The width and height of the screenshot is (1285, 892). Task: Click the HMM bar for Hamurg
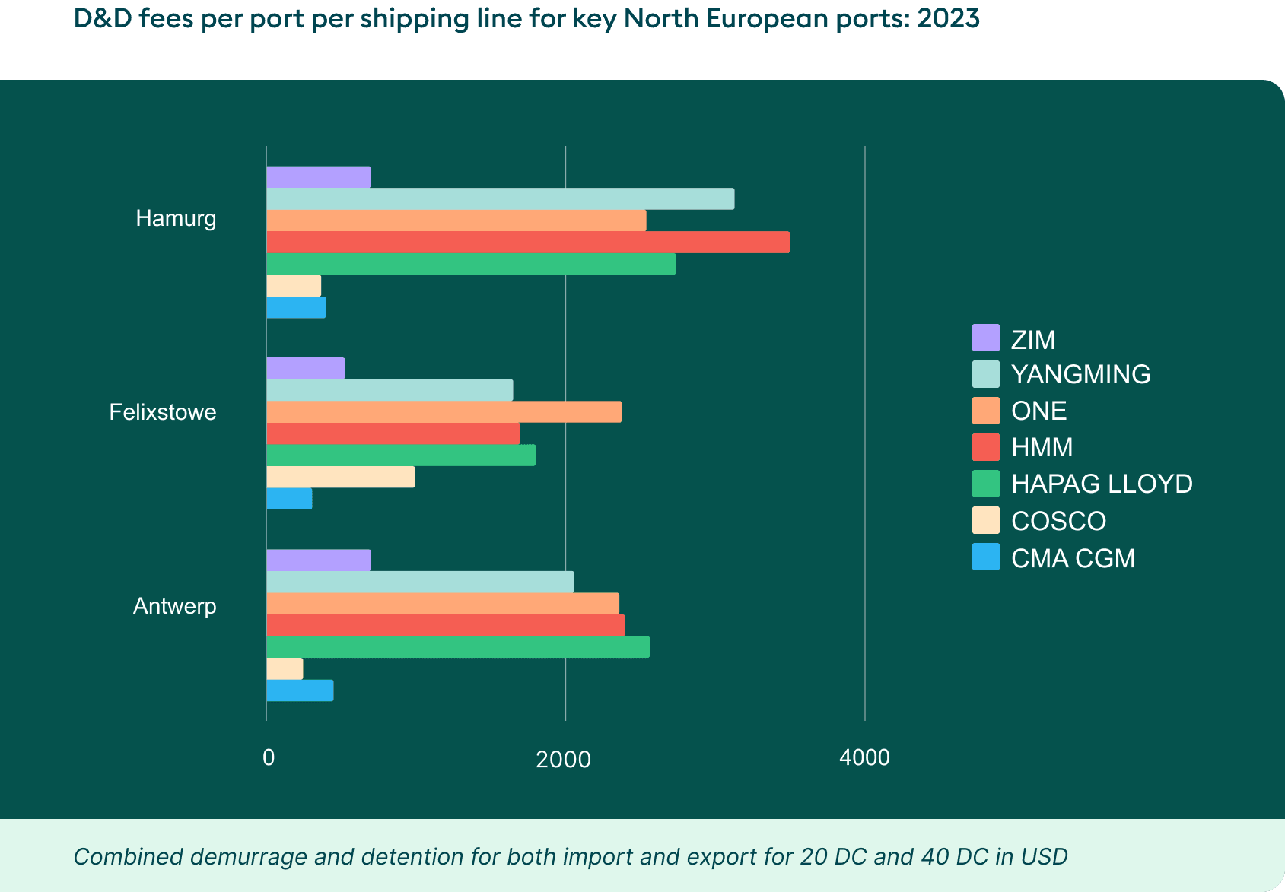pos(528,243)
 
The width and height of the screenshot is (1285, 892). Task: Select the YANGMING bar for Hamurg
pos(500,198)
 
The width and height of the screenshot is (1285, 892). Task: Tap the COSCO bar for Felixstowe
pos(340,477)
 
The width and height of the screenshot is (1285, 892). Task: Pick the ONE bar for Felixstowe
pos(444,411)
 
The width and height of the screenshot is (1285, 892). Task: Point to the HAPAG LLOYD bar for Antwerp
pos(458,647)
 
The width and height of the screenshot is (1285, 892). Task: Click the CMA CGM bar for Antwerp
pos(300,690)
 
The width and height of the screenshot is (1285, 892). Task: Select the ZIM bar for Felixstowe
pos(305,368)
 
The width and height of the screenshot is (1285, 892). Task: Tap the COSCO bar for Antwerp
pos(285,669)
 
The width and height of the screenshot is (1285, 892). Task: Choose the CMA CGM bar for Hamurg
pos(296,307)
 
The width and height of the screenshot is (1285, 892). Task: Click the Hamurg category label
pos(176,219)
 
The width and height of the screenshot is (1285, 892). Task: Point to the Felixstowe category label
pos(163,412)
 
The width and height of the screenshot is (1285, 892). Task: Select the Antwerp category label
pos(175,606)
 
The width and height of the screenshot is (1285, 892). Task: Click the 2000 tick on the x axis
pos(563,759)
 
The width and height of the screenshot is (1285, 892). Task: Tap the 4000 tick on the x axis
pos(864,757)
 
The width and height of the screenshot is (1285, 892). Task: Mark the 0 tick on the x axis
pos(268,757)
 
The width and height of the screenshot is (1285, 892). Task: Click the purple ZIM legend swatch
pos(985,338)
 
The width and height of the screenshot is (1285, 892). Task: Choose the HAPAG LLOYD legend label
pos(1101,484)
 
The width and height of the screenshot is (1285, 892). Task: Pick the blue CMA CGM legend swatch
pos(985,557)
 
